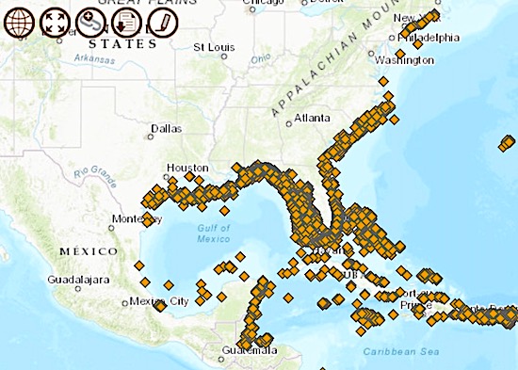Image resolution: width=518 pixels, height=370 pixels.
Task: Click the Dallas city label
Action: coord(166,129)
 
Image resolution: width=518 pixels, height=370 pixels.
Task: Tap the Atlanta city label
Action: coord(312,119)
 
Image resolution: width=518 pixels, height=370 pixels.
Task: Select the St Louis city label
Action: coord(213,46)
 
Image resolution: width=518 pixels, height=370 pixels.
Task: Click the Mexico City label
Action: coord(159,301)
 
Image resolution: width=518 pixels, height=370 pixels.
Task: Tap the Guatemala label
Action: coord(250,350)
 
